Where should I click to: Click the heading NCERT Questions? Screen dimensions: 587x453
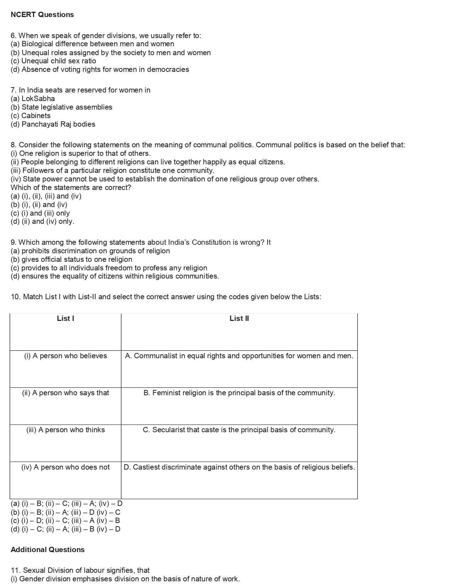point(42,15)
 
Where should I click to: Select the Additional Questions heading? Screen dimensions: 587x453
point(48,550)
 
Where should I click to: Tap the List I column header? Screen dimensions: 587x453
point(65,319)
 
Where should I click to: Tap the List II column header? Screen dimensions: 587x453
point(239,319)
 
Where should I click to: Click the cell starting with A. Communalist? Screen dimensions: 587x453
point(239,356)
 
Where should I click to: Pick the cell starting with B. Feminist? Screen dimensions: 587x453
point(239,393)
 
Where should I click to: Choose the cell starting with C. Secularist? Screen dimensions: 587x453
point(239,430)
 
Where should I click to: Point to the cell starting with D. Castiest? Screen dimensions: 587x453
point(239,467)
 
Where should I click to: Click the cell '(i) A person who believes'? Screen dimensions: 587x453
point(65,356)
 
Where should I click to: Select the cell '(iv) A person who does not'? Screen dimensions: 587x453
point(65,467)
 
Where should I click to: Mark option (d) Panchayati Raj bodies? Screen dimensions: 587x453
point(53,124)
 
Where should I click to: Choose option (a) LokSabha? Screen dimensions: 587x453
point(33,99)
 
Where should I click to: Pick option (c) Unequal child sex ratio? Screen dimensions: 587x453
point(53,61)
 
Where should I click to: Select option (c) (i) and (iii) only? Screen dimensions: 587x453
point(40,213)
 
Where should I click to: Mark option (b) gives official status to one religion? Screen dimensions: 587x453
point(71,259)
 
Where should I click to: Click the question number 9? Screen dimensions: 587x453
point(14,242)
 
